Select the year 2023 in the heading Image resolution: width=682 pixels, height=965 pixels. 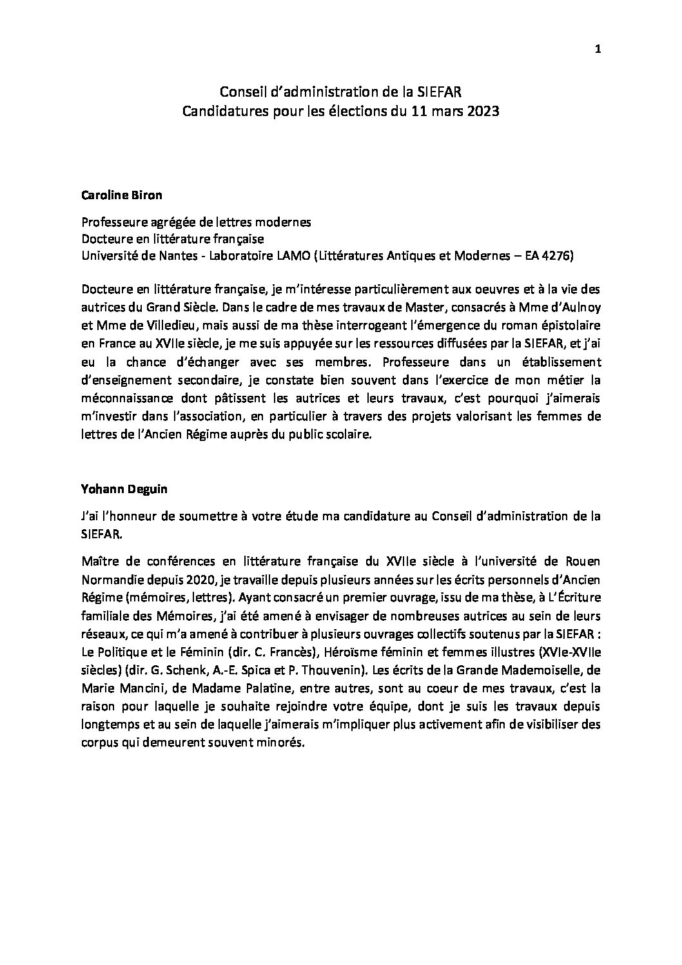[482, 112]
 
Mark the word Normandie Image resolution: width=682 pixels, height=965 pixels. [108, 575]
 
